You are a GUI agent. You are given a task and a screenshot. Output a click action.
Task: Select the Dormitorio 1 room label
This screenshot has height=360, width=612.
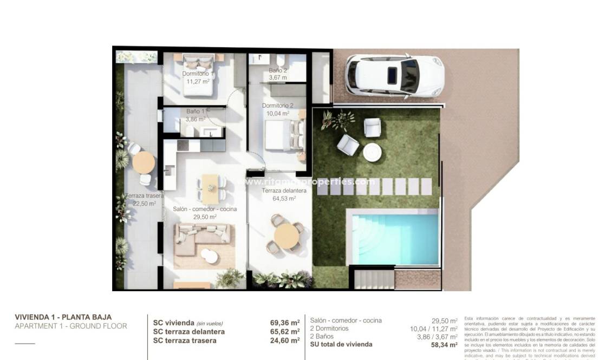point(197,74)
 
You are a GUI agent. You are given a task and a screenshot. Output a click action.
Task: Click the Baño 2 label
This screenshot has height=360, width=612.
point(278,70)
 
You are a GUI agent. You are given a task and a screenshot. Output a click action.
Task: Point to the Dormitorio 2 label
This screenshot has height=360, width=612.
point(277,106)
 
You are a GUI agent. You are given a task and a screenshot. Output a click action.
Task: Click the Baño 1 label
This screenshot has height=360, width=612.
point(196,112)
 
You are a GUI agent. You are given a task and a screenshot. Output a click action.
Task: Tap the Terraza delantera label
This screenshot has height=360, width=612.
point(284,191)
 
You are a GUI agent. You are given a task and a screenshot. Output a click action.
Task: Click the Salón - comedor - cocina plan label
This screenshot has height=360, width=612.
point(205,209)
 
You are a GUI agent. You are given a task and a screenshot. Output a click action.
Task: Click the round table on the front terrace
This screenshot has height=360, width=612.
point(287,236)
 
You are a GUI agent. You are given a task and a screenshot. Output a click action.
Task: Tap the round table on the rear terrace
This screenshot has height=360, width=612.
point(144,162)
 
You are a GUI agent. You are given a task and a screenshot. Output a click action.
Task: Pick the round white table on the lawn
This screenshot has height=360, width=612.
point(373,151)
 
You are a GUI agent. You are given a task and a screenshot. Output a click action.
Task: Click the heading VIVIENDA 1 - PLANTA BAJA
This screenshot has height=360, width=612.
point(63,317)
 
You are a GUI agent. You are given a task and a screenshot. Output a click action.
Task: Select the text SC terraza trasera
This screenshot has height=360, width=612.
point(185,341)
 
